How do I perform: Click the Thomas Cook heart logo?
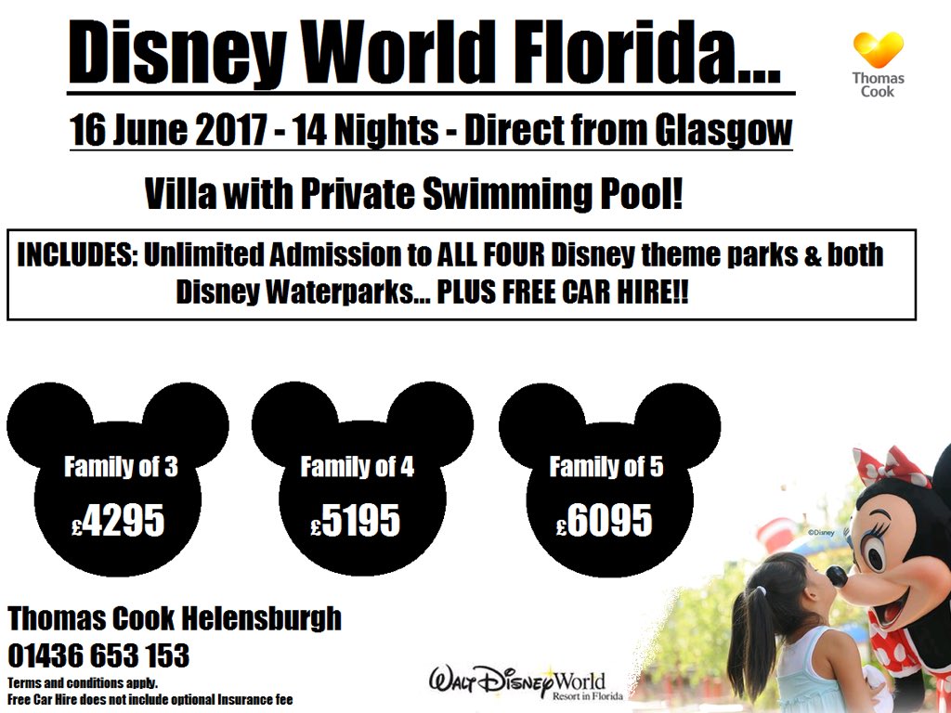878,51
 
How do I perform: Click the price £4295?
118,522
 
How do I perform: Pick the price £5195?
356,522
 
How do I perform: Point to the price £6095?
605,522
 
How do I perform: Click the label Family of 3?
121,467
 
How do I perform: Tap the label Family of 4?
358,467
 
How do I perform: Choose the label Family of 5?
606,467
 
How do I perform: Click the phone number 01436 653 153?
98,656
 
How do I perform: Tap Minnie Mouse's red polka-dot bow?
892,467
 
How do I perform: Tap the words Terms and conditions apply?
83,684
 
